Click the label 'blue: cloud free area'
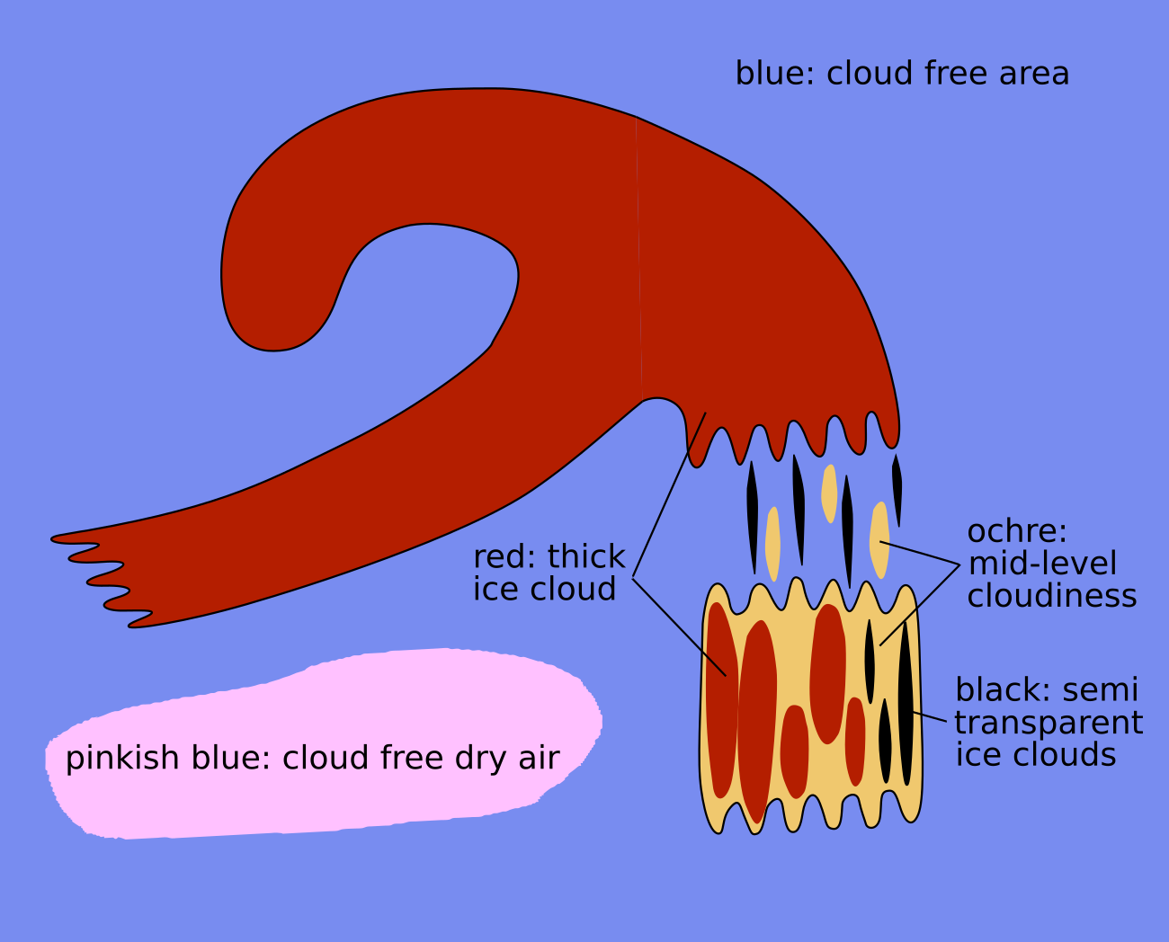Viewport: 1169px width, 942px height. click(902, 74)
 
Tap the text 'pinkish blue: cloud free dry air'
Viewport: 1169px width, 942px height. click(312, 758)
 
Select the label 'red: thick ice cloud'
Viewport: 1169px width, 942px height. click(549, 573)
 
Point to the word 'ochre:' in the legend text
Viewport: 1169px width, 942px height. click(1016, 531)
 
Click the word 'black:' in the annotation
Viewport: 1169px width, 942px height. click(1003, 690)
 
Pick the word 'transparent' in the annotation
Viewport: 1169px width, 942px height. click(1049, 723)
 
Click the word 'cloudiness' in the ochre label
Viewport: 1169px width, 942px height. click(1052, 596)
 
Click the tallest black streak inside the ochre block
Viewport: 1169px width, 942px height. click(906, 706)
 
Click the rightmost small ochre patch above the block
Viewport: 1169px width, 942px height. click(879, 539)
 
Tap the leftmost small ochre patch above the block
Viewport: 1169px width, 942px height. click(772, 544)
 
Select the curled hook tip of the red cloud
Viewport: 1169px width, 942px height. click(270, 306)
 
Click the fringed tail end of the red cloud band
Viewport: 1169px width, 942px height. click(99, 575)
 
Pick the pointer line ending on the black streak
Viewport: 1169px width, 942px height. click(930, 717)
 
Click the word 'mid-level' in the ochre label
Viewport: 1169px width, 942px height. click(1042, 564)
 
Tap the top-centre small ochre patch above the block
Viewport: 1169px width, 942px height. click(829, 493)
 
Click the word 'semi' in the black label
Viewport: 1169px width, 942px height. click(1101, 690)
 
